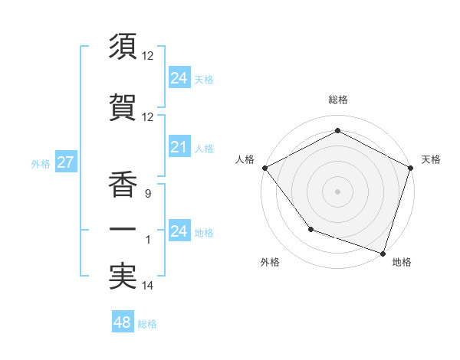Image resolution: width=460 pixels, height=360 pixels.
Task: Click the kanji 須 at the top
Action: point(123,47)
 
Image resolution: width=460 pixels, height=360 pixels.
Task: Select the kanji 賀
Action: point(123,107)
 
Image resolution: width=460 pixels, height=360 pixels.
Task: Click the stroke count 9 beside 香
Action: point(147,195)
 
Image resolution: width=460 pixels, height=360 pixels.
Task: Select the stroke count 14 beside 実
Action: point(147,286)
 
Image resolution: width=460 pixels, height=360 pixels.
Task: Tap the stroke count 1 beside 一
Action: point(149,240)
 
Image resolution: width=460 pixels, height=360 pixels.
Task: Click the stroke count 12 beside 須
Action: point(147,56)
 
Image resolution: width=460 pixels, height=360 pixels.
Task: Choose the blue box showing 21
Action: point(179,148)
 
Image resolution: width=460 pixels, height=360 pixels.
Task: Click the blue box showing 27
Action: point(65,163)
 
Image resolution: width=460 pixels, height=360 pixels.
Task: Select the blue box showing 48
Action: point(122,322)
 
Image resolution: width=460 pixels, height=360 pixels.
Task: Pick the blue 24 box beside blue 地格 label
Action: point(179,231)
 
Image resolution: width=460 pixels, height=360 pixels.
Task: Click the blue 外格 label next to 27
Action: point(41,164)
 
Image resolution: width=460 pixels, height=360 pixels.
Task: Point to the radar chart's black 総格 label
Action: point(337,100)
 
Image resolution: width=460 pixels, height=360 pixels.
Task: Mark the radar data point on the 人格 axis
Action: point(264,167)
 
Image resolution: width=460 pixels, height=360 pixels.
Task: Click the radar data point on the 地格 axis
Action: point(383,252)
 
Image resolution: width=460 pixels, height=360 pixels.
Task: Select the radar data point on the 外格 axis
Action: point(310,228)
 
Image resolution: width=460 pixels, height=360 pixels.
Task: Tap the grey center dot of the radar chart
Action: point(337,191)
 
